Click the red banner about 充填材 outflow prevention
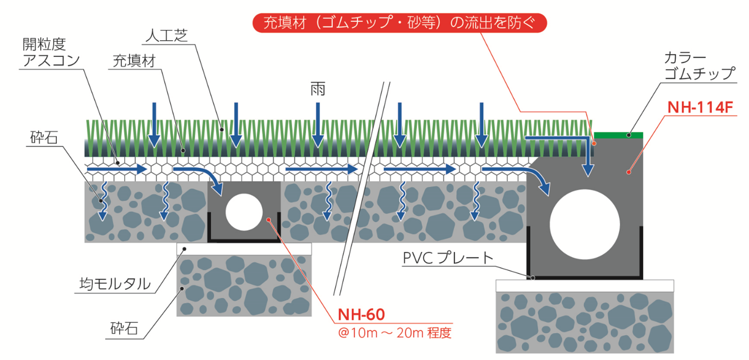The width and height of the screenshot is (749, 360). coord(399,23)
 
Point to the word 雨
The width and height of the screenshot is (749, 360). coord(318,90)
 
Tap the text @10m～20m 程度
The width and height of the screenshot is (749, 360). coord(395,332)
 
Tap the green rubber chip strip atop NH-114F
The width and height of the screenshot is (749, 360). coord(618,135)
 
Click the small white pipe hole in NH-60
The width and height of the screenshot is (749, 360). coord(244,211)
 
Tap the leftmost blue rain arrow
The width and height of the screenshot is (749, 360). coord(154,124)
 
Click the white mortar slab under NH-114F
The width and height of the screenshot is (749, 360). coord(585,285)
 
